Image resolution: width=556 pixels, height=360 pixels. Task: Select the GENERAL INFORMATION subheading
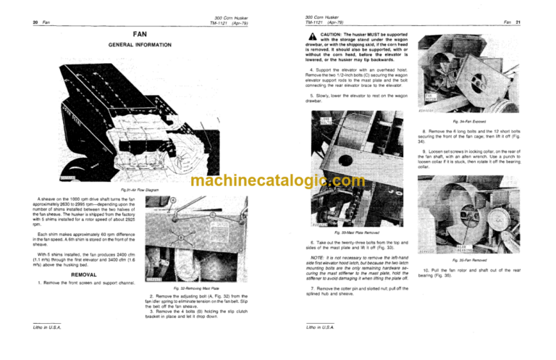[x=140, y=45]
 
